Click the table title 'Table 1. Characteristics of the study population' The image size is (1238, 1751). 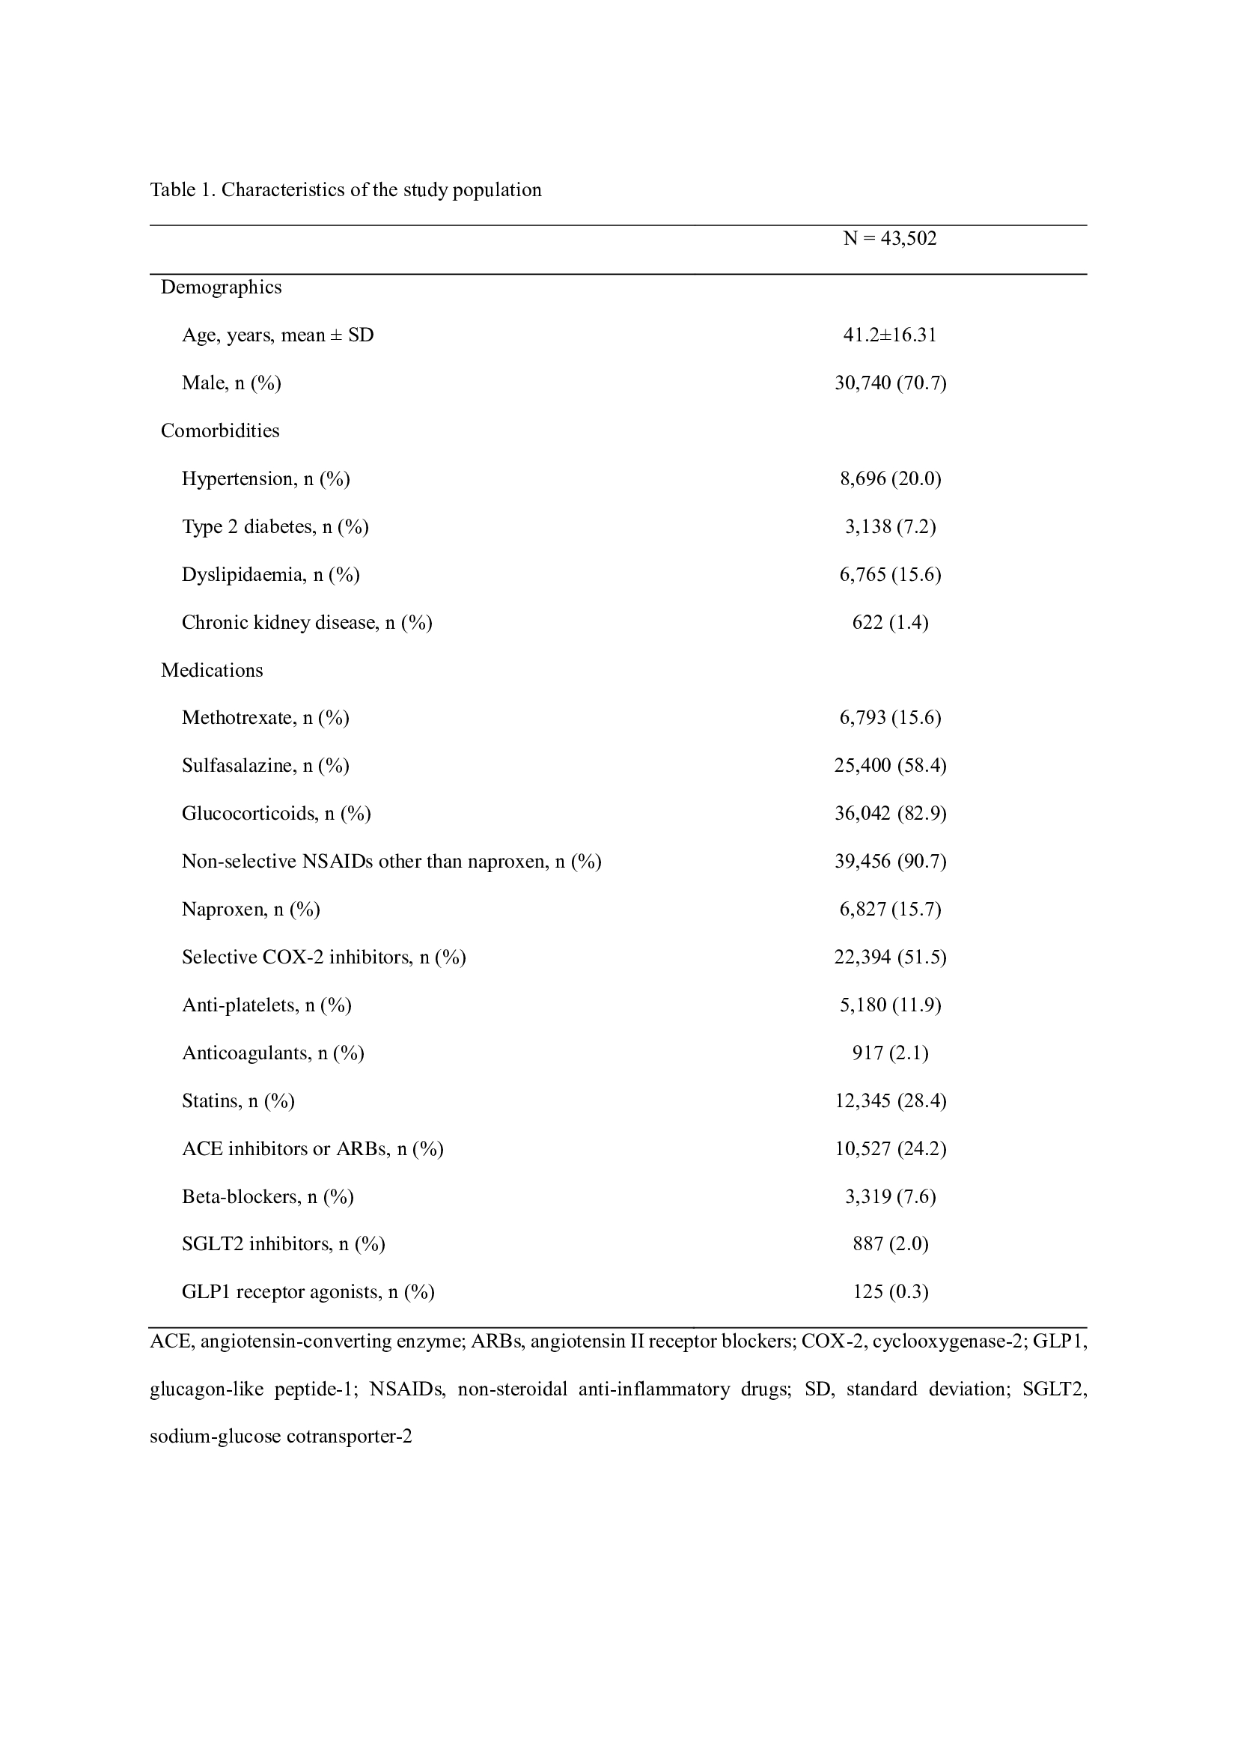(345, 190)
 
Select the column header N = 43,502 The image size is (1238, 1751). (890, 239)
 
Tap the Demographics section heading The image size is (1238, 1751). (221, 287)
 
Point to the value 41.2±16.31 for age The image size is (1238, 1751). (890, 335)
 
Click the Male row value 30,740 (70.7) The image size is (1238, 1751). (891, 383)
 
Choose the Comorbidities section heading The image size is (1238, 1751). (219, 431)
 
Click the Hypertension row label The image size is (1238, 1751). (265, 479)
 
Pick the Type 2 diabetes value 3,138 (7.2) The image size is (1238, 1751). (891, 527)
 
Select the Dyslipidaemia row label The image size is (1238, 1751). (271, 575)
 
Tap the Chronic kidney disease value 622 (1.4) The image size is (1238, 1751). (891, 623)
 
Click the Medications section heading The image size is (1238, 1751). (212, 670)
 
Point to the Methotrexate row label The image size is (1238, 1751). (265, 718)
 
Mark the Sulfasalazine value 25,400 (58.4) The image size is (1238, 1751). (891, 766)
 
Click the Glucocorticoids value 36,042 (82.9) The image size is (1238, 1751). (891, 814)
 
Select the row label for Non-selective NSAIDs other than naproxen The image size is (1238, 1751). (391, 862)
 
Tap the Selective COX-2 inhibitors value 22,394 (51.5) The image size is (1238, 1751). (891, 957)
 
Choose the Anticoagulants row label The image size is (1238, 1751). (273, 1053)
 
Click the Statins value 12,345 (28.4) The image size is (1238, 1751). (891, 1101)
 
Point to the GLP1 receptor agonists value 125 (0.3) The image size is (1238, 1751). (891, 1293)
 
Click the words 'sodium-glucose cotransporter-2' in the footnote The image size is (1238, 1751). (281, 1437)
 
